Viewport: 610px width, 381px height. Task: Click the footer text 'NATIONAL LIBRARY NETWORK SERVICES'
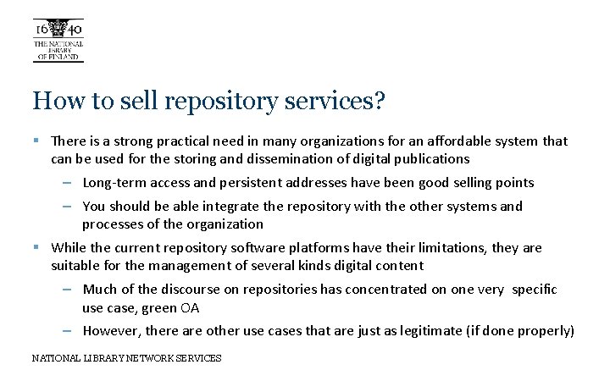pos(126,358)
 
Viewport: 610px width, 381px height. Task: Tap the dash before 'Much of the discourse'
pos(67,290)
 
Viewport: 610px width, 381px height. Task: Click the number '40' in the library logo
pos(75,30)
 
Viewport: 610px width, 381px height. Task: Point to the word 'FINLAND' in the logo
pos(65,58)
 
